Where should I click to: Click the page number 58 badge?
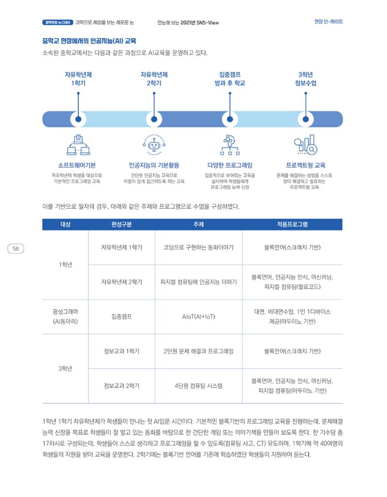pos(15,249)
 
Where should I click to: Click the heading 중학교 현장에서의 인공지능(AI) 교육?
pos(89,41)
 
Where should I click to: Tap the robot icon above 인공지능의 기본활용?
pos(154,145)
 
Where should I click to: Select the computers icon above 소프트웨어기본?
pos(78,145)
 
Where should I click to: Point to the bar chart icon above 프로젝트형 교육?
pos(305,145)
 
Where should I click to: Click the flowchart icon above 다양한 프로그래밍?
pos(230,145)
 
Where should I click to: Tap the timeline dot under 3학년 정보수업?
pos(306,119)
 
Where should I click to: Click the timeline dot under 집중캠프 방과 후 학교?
pos(230,119)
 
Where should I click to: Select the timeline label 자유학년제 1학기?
pos(78,79)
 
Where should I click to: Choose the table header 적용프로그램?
pos(292,224)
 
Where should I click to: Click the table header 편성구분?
pos(121,224)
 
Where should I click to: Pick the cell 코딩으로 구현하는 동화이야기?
pos(198,248)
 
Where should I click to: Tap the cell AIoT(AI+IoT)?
pos(198,317)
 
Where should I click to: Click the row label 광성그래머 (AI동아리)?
pos(65,317)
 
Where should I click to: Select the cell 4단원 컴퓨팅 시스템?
pos(198,386)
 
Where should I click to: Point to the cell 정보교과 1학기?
pos(121,351)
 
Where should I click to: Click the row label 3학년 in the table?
pos(65,368)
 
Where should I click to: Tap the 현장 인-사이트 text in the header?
pos(328,22)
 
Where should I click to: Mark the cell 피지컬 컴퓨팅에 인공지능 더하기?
pos(198,282)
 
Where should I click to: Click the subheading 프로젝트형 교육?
pos(305,165)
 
